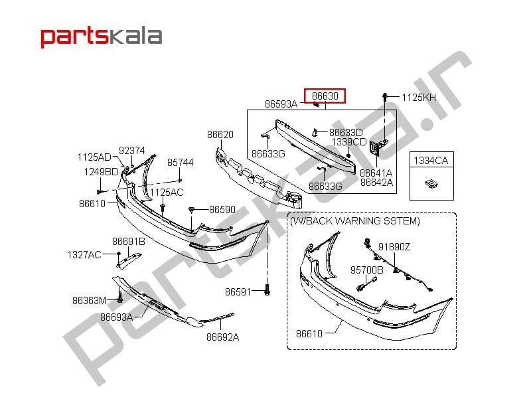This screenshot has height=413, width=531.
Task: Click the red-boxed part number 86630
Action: click(x=325, y=96)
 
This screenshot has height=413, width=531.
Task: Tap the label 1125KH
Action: click(x=419, y=98)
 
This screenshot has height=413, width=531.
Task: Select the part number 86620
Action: click(x=220, y=135)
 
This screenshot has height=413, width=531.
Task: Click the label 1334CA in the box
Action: click(x=431, y=160)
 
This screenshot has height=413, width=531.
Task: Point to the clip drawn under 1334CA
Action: click(x=431, y=184)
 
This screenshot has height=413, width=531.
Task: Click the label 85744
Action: click(x=180, y=163)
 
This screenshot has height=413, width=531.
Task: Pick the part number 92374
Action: click(x=131, y=151)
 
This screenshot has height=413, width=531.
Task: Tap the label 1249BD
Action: click(x=101, y=172)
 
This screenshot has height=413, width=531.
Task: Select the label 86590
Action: click(x=222, y=210)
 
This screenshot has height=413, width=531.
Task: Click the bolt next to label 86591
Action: click(x=267, y=290)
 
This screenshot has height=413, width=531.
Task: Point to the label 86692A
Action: click(x=222, y=337)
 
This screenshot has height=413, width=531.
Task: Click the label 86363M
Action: click(x=90, y=301)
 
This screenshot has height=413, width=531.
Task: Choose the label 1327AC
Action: click(x=84, y=255)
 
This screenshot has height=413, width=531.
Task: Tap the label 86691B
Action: click(x=129, y=242)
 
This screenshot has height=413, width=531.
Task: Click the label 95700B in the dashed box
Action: click(x=367, y=270)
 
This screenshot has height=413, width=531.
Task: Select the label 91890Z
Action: click(x=394, y=247)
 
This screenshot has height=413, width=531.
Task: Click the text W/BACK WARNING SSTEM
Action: click(x=355, y=221)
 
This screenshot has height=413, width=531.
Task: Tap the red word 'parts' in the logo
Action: click(x=73, y=37)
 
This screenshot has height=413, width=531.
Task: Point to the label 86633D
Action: click(x=346, y=133)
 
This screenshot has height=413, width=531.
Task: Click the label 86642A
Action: click(x=376, y=183)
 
